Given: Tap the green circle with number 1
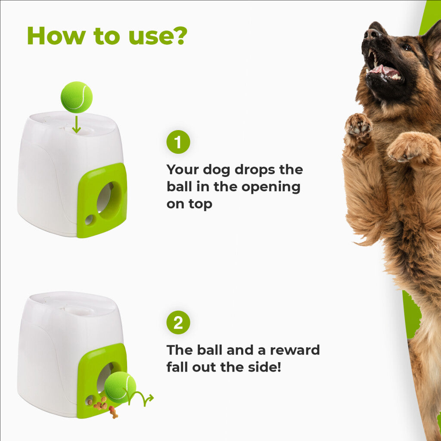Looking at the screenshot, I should pos(178,142).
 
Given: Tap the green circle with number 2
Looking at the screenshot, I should pos(178,323).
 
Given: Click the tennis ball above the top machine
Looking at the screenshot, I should pos(77,97).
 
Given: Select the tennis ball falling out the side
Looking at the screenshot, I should pos(120,387).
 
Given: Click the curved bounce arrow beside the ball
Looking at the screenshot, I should pos(139,397).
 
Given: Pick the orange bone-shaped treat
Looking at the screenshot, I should pos(113,412).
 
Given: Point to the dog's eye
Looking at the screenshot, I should pos(407,47).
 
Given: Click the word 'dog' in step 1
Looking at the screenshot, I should pos(217,170).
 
